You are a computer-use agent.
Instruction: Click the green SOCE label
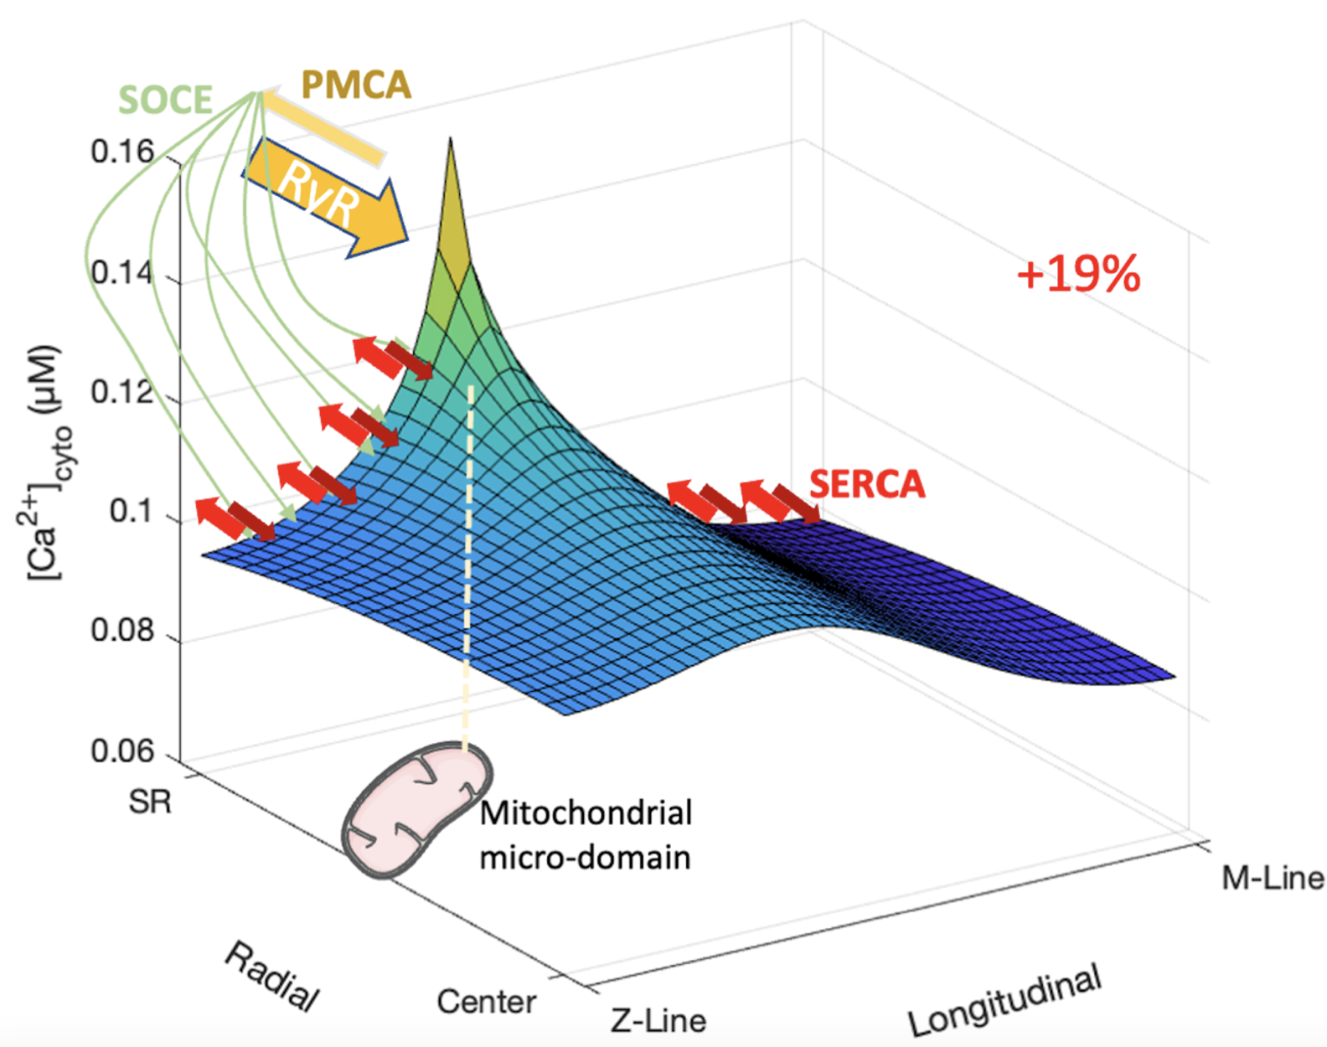click(165, 100)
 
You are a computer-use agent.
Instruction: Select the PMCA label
click(356, 85)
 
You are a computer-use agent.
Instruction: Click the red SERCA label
click(867, 484)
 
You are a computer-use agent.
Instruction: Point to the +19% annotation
click(1078, 274)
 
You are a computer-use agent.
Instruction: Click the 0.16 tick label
click(122, 152)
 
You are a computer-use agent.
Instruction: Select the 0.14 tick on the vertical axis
click(122, 272)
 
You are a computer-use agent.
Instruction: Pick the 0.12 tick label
click(122, 392)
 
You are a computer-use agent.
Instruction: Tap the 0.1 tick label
click(132, 511)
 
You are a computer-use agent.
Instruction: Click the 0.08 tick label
click(122, 631)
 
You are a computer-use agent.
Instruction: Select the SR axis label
click(150, 802)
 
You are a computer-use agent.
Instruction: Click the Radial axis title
click(271, 976)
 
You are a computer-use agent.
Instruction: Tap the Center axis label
click(487, 1001)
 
